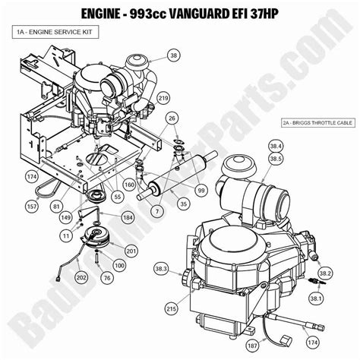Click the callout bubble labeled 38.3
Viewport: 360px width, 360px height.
pos(159,269)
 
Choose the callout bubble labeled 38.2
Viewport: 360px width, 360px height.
pos(324,273)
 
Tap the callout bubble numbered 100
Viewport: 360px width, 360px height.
pos(119,264)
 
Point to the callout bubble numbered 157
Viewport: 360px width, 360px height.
pos(33,205)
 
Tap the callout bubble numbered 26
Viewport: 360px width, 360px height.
pos(172,118)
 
